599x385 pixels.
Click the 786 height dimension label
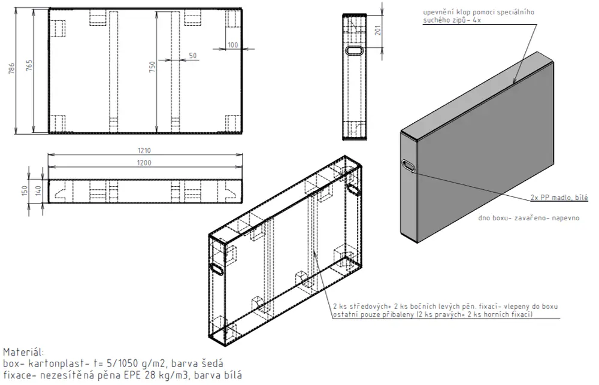point(12,68)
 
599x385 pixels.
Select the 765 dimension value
point(29,65)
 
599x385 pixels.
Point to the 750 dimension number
point(152,67)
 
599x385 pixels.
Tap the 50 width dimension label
point(193,55)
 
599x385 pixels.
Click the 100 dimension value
point(232,45)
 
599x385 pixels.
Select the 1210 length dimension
point(144,150)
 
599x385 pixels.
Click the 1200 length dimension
point(144,163)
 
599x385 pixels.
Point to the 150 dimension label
point(25,190)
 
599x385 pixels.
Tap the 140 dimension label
point(38,190)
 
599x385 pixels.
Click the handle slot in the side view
point(355,50)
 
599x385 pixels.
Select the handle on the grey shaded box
point(408,166)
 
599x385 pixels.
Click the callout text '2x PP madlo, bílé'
point(559,198)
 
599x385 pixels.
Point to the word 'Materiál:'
point(24,352)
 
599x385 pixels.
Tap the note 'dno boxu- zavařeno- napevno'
point(529,218)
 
